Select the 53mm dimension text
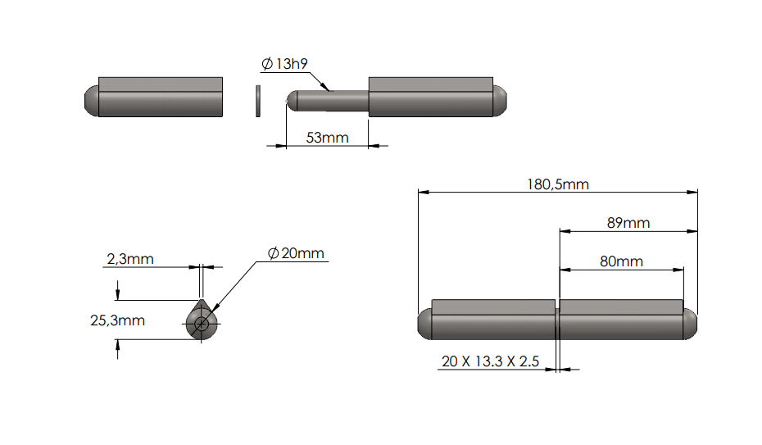(x=327, y=137)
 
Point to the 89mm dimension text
(x=628, y=222)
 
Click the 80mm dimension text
(x=621, y=261)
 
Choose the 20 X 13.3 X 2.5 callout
(x=490, y=361)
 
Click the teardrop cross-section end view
(x=201, y=320)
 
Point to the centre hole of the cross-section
(x=201, y=325)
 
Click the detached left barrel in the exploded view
(x=160, y=98)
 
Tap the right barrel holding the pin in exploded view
(x=431, y=98)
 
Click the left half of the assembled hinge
(x=492, y=320)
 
